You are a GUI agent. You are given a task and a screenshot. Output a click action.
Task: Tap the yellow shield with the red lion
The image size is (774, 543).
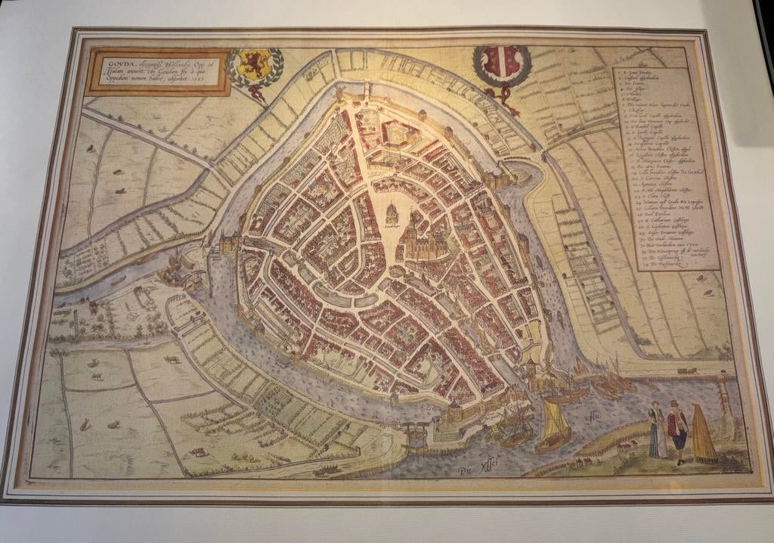255,67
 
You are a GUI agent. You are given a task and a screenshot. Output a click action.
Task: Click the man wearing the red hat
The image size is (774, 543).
677,432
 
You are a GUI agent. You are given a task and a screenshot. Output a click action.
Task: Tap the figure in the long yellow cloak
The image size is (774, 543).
703,436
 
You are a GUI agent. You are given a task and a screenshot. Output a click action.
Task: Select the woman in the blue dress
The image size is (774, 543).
656,432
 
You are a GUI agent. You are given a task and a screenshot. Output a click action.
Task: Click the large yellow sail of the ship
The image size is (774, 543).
555,420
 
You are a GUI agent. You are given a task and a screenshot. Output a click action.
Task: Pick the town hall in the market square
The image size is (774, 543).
392,215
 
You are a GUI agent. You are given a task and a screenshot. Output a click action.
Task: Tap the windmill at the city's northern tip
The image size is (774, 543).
338,93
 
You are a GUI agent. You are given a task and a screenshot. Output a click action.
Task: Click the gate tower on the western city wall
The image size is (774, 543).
229,244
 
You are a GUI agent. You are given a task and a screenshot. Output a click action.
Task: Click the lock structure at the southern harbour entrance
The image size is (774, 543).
415,436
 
